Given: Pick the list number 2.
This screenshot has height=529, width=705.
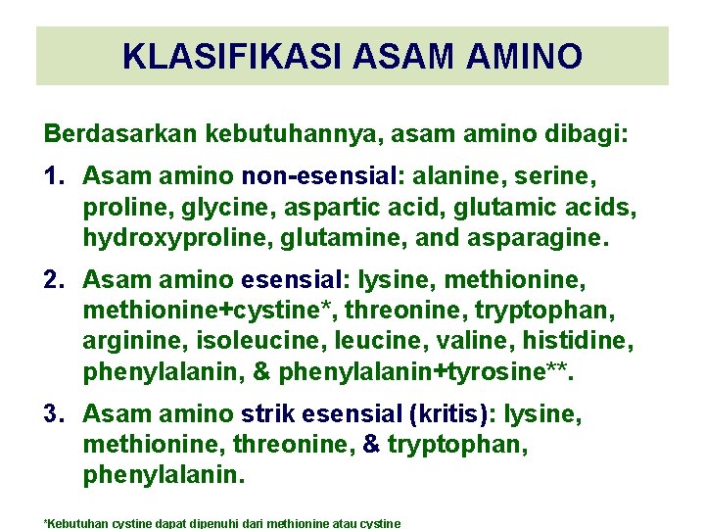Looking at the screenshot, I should pyautogui.click(x=55, y=281).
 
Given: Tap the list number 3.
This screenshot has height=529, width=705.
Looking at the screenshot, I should pyautogui.click(x=55, y=415).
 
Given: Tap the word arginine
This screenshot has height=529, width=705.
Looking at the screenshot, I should pyautogui.click(x=123, y=342).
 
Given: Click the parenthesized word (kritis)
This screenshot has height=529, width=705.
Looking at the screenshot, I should pyautogui.click(x=451, y=415).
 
